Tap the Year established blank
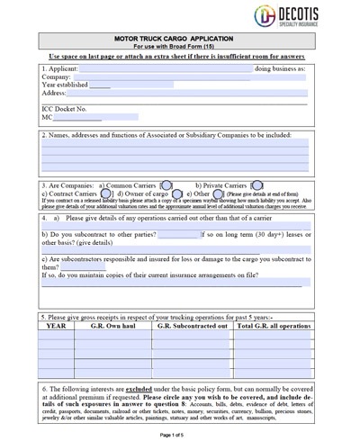pyautogui.click(x=100, y=85)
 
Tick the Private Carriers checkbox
pyautogui.click(x=256, y=185)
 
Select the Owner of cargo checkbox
pyautogui.click(x=177, y=193)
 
